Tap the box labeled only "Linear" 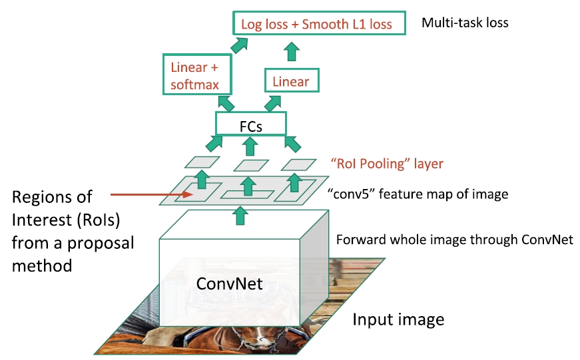point(291,82)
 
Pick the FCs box point(250,124)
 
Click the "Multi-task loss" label point(465,23)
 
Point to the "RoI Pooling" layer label point(387,163)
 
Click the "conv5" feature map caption point(418,194)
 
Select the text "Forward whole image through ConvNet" point(455,240)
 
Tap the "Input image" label point(398,319)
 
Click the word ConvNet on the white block point(229,283)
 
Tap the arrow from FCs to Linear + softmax point(226,102)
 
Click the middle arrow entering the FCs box point(249,146)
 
